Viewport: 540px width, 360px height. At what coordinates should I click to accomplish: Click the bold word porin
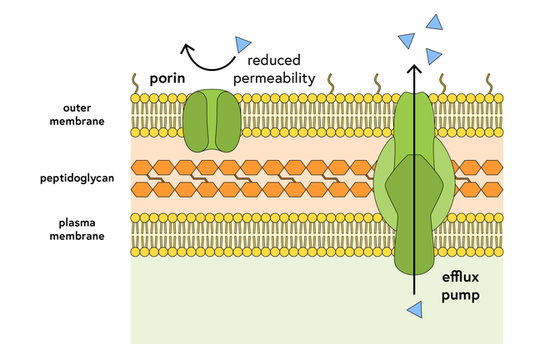(167, 80)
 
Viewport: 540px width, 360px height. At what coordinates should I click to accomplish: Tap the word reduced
(273, 61)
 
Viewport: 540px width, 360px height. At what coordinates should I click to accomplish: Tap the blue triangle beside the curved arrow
(242, 43)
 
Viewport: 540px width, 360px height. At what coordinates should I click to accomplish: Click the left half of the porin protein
(198, 122)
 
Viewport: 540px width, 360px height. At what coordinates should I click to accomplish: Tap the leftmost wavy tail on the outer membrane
(134, 82)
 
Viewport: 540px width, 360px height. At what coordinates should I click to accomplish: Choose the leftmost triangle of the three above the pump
(407, 38)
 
